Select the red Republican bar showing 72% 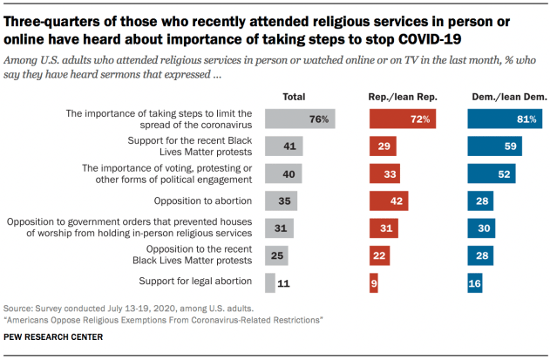[402, 119]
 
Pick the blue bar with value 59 [493, 146]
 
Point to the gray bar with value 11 [271, 282]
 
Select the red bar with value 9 [373, 282]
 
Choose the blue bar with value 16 [474, 282]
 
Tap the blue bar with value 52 [491, 173]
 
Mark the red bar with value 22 [379, 255]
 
